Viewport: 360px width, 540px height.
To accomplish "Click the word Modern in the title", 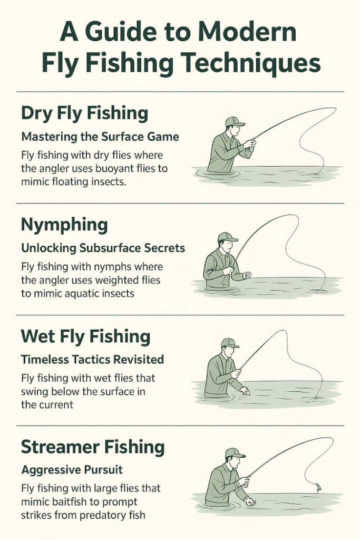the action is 247,32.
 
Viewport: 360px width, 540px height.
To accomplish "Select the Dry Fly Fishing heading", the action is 84,114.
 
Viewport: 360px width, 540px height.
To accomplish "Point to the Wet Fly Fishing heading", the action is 85,337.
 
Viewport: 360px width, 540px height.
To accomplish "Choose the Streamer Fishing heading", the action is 93,448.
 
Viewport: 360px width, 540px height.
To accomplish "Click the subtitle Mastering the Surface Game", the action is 100,137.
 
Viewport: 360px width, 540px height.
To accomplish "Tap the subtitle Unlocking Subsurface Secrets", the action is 103,248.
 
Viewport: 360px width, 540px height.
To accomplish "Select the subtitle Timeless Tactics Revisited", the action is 92,360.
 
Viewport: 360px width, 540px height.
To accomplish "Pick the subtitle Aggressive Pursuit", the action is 72,470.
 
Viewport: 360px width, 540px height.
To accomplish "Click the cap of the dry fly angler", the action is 235,122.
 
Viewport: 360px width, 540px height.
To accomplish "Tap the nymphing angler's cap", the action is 227,237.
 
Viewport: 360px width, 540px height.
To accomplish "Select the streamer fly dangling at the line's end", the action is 318,487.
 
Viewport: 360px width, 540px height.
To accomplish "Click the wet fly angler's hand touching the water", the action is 245,391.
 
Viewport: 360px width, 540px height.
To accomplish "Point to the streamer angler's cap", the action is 235,453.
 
